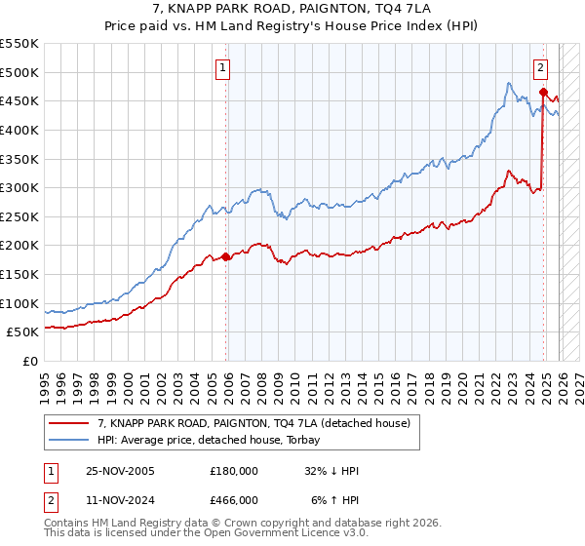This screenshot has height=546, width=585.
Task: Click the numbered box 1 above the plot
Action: (x=223, y=68)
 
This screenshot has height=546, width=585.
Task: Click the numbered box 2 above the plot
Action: (x=540, y=68)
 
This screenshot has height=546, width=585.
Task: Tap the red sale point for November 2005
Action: (x=226, y=257)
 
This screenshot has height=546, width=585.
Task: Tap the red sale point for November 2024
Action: (x=543, y=93)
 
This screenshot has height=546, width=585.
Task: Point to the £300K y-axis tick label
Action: (x=19, y=187)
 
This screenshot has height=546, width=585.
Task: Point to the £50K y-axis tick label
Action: (x=23, y=332)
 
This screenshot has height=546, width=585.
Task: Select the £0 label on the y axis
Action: (x=30, y=362)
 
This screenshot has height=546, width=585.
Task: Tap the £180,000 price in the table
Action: (x=233, y=470)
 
